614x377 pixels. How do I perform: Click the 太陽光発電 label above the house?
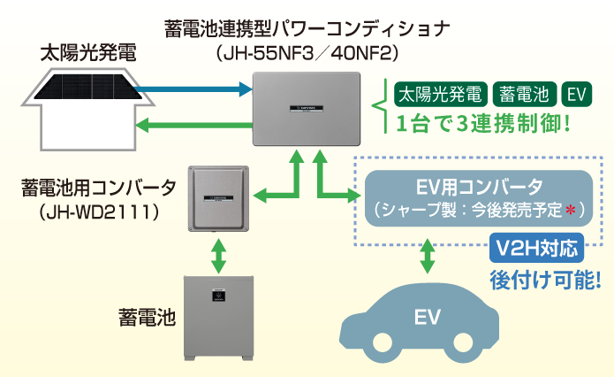click(88, 51)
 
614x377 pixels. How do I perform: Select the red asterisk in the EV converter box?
click(571, 211)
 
